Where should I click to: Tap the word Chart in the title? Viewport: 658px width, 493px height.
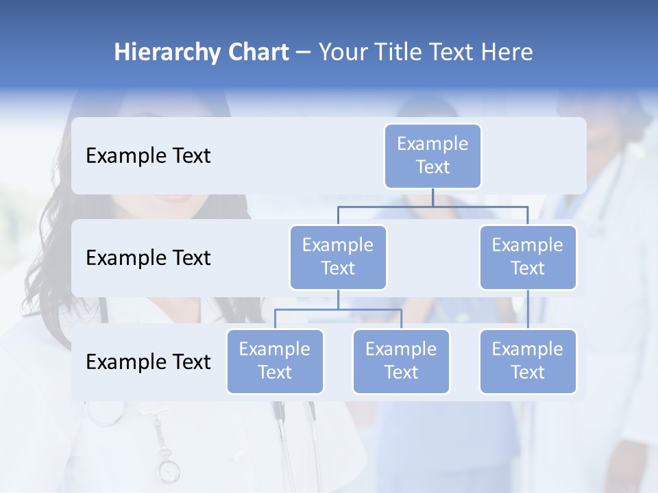pyautogui.click(x=257, y=53)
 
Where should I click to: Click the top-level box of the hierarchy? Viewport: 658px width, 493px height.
pyautogui.click(x=432, y=155)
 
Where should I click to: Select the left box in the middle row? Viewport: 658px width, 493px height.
pyautogui.click(x=338, y=257)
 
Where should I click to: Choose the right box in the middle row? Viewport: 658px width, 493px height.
pyautogui.click(x=528, y=257)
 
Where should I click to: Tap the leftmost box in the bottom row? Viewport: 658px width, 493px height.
pyautogui.click(x=275, y=361)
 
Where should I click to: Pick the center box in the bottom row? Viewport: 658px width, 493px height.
pyautogui.click(x=401, y=361)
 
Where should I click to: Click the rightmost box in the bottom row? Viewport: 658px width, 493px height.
pyautogui.click(x=528, y=361)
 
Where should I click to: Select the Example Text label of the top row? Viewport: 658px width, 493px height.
pyautogui.click(x=148, y=155)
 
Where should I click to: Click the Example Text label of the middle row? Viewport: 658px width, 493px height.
pyautogui.click(x=148, y=257)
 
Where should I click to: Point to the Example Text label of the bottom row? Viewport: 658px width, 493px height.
pyautogui.click(x=148, y=362)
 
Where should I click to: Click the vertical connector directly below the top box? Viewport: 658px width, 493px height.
pyautogui.click(x=432, y=197)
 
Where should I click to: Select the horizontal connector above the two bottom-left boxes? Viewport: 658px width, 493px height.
pyautogui.click(x=338, y=309)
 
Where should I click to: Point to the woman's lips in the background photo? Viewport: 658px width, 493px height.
pyautogui.click(x=175, y=198)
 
